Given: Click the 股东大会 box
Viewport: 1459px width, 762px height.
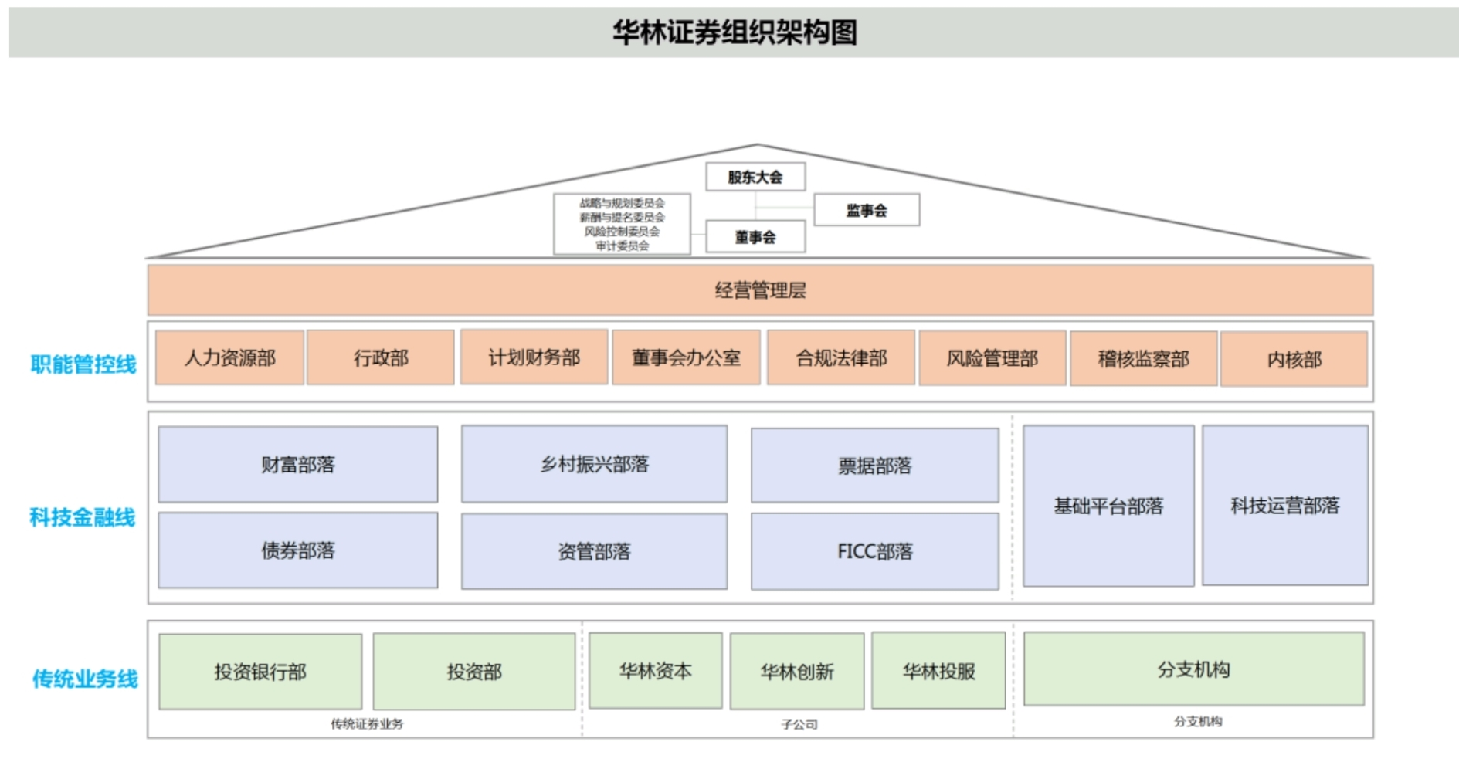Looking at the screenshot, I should coord(755,177).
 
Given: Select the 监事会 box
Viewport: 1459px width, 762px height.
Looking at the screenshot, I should coord(866,210).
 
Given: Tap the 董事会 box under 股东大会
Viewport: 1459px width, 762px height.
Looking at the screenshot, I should coord(755,237).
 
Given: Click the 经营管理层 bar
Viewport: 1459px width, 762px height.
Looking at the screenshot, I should coord(760,290).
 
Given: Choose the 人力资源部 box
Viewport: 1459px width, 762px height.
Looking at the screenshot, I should coord(229,357).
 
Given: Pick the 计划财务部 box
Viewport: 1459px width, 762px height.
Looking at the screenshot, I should coord(534,357).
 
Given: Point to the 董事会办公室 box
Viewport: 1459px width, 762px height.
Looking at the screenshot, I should coord(686,357).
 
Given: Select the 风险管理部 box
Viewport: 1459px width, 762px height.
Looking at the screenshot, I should coord(992,358).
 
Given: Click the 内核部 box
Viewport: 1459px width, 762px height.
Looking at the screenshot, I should coord(1294,359).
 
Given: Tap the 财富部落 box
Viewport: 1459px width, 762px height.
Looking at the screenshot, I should coord(297,464).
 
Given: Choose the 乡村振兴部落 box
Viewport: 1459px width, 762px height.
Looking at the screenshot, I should coord(594,464).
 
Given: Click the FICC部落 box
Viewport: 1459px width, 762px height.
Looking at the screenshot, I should coord(874,551).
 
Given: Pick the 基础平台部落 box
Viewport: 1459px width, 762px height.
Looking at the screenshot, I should coord(1108,506).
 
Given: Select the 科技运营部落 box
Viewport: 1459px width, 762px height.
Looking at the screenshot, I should coord(1284,505).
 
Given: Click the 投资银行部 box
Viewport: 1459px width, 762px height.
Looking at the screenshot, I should coord(260,672).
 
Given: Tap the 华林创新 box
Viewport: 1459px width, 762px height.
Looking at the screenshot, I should coord(796,672).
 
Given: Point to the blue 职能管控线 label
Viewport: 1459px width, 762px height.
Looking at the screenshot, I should coord(83,364).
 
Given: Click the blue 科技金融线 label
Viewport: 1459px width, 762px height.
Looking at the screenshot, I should coord(83,516).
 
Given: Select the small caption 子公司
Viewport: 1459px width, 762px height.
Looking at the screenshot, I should coord(799,724).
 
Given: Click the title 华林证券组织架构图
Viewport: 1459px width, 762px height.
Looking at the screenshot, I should coord(735,32).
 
